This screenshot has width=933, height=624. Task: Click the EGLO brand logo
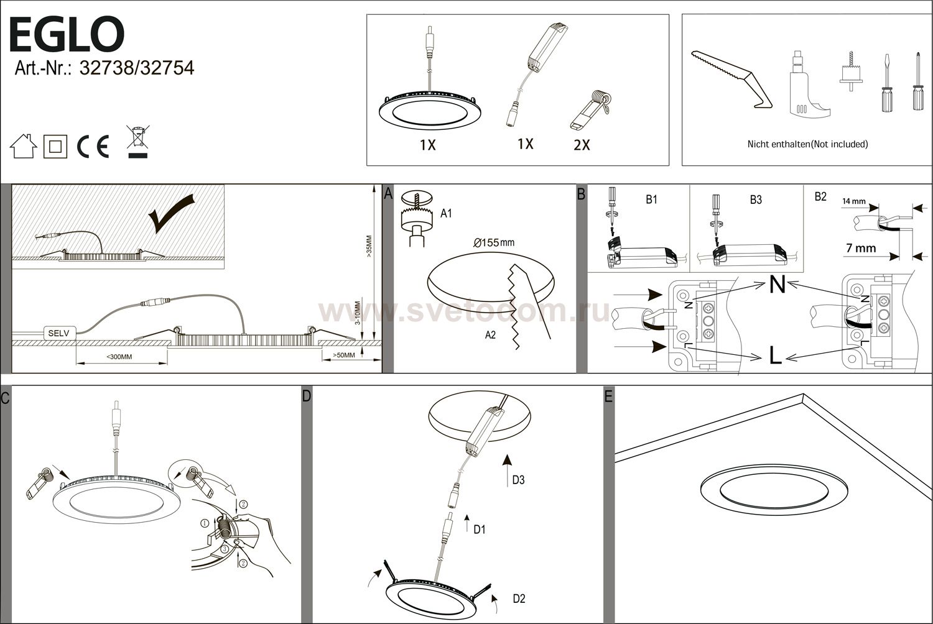point(67,35)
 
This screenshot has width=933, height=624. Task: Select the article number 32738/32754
point(137,68)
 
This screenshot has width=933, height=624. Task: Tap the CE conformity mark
point(93,147)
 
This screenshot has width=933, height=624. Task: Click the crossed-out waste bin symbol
point(138,142)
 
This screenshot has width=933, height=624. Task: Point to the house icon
point(24,146)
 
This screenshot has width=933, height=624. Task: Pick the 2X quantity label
point(582,145)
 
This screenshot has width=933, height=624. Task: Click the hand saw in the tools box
point(732,80)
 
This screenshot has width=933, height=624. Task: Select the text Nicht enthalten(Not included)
point(807,144)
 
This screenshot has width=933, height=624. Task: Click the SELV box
point(59,333)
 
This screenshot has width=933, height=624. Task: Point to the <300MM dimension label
point(119,357)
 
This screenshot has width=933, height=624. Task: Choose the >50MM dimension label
point(343,355)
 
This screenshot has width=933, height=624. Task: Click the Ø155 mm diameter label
point(494,242)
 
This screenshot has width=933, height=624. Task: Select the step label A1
point(446,214)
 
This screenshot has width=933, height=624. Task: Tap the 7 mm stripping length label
point(861,248)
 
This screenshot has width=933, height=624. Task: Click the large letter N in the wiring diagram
point(777,285)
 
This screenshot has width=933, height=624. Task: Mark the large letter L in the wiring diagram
point(775,356)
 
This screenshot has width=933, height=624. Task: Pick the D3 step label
point(518,480)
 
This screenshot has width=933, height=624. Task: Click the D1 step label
point(480,530)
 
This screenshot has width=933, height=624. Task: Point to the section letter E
point(608,397)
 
